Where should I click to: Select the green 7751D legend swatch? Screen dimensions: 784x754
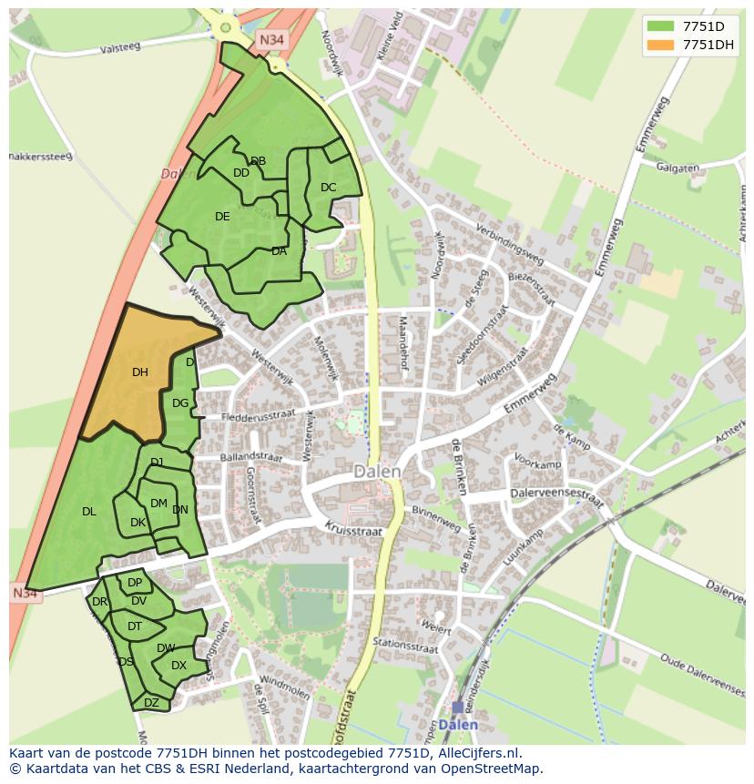662,25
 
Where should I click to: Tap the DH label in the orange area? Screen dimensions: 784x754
139,372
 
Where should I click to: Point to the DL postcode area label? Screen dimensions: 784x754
88,511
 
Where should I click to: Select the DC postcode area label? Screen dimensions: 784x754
328,188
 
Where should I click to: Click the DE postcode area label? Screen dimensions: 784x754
222,216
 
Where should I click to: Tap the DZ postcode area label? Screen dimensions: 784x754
151,702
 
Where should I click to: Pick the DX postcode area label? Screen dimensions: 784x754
178,666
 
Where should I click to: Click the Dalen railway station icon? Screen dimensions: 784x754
457,708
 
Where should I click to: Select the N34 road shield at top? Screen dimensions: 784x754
270,40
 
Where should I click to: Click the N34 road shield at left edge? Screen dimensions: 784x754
25,594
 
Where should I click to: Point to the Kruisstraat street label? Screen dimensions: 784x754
350,529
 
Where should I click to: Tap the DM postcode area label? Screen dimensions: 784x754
158,503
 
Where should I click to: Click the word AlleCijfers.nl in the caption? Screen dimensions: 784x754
474,753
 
